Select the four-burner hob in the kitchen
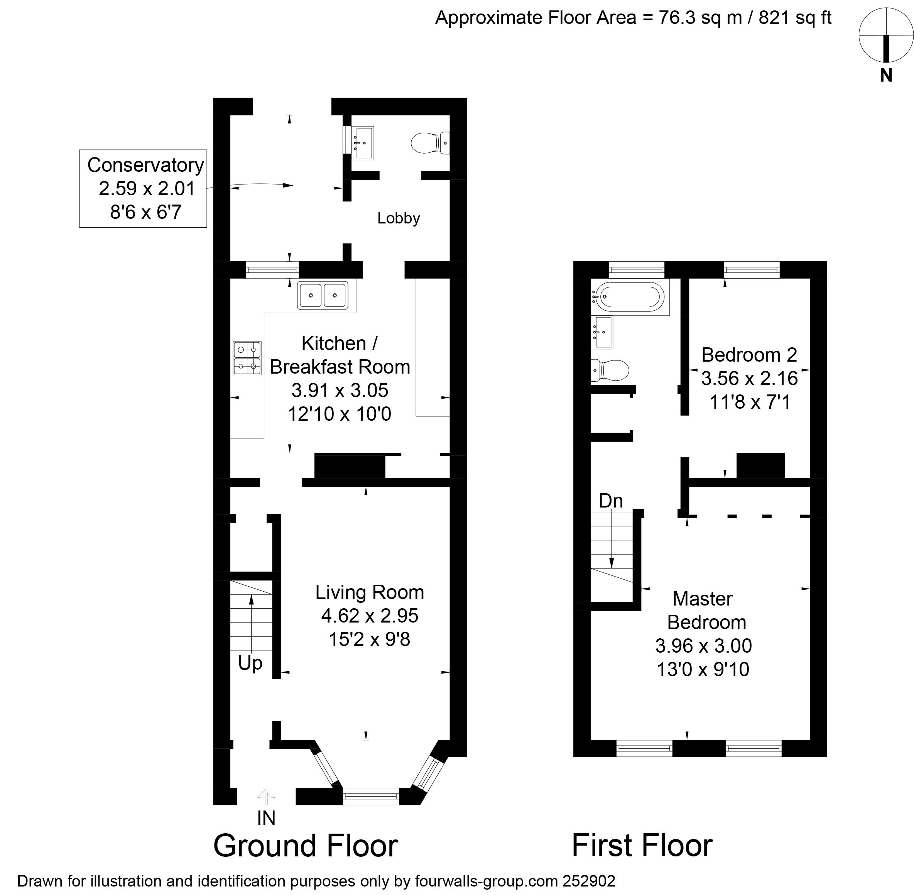247,358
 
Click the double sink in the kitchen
323,295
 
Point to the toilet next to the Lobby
429,142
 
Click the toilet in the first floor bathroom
610,371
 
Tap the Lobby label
399,218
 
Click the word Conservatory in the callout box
145,165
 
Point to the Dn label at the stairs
610,501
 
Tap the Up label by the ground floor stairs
250,663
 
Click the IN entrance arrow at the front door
266,796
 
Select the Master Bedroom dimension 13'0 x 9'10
703,669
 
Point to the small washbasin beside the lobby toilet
363,142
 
